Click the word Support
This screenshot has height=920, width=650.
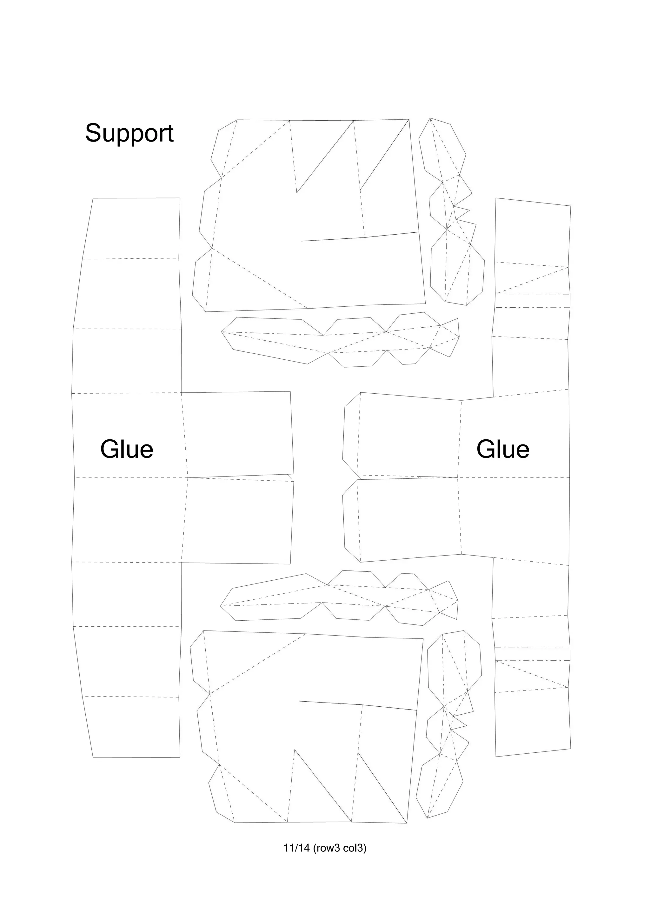129,133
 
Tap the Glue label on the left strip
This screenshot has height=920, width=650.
127,449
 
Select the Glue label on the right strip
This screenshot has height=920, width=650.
503,449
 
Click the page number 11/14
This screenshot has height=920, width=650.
297,848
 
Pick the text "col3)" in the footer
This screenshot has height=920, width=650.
355,848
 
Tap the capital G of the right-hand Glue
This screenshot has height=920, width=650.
486,449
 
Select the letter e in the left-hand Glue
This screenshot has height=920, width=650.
146,451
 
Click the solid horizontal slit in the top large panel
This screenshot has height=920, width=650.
361,237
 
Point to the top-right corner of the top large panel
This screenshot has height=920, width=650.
409,119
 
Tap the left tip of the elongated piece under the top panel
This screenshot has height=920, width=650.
222,332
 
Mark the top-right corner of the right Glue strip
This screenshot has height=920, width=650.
570,206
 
